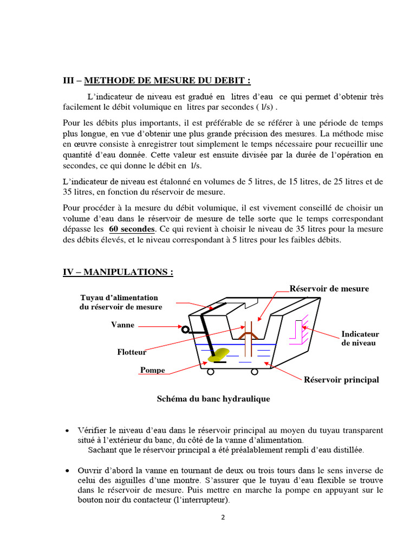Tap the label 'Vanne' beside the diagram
click(122, 325)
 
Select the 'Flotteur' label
click(132, 352)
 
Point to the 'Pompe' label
click(152, 371)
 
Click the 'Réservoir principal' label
click(341, 380)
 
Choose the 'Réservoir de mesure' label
click(329, 289)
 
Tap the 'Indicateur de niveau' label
click(360, 338)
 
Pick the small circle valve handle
click(185, 329)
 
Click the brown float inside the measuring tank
click(249, 338)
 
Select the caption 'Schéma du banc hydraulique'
click(213, 399)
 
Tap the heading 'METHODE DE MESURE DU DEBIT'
click(167, 81)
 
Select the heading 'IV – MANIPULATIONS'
click(118, 272)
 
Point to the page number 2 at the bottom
click(223, 517)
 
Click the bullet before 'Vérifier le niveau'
click(66, 431)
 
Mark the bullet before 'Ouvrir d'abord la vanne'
click(66, 471)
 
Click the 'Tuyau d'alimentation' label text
click(119, 298)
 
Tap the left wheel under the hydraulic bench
click(211, 372)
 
